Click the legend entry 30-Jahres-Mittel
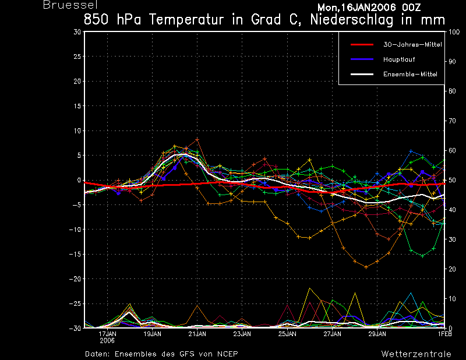point(412,45)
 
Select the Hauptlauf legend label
point(399,59)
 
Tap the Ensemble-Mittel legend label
point(410,75)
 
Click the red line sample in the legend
point(362,45)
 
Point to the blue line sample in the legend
point(362,59)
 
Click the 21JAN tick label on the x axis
point(197,334)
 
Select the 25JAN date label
point(287,334)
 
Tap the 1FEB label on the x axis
point(444,334)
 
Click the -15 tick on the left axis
point(75,254)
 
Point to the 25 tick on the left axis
point(77,56)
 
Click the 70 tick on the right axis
point(452,121)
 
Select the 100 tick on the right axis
point(454,32)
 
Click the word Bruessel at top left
point(70,5)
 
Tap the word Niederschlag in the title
point(352,20)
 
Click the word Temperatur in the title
point(186,20)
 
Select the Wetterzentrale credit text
point(416,354)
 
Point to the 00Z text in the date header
point(411,7)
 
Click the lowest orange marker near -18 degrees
point(366,267)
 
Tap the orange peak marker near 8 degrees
point(197,139)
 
